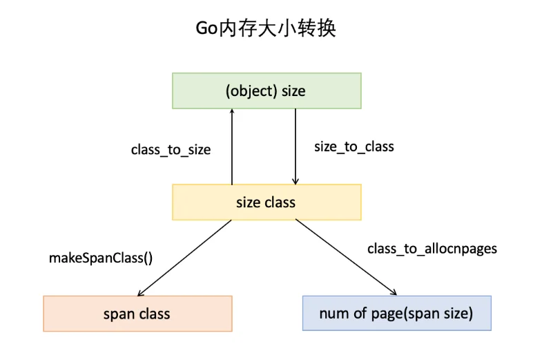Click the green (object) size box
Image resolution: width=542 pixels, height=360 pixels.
(x=267, y=91)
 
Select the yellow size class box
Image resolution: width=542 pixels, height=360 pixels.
(x=267, y=202)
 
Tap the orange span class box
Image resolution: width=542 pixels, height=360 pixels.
(x=137, y=314)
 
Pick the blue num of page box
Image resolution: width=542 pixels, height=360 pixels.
(x=397, y=313)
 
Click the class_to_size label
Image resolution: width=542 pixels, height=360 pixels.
(x=171, y=150)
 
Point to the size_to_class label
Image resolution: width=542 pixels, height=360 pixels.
(x=354, y=147)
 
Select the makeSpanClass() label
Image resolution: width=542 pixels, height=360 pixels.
(x=101, y=258)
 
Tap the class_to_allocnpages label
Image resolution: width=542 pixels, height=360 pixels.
(x=432, y=249)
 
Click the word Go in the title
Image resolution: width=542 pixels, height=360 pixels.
(x=206, y=28)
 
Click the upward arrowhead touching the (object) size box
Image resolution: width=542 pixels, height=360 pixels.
(x=232, y=111)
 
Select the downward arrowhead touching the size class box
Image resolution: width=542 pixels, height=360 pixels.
(x=296, y=182)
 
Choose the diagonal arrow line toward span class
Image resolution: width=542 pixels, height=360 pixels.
(x=184, y=258)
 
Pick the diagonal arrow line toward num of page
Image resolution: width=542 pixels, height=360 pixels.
(x=346, y=257)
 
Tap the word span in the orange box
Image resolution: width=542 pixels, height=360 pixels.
(x=119, y=314)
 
